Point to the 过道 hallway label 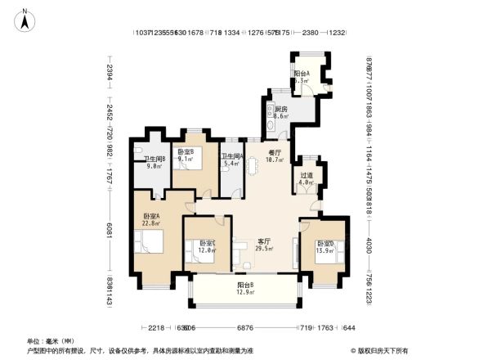click(x=306, y=178)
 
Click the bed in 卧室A click(x=150, y=241)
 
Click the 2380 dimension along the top click(x=310, y=34)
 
